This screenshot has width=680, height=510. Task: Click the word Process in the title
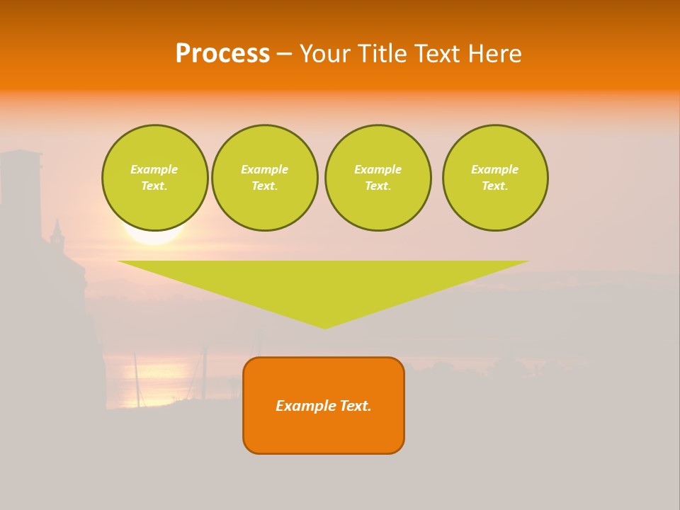222,54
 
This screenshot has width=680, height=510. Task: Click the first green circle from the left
154,178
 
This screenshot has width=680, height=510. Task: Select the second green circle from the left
265,178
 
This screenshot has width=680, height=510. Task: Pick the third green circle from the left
378,178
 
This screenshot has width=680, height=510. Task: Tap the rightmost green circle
495,178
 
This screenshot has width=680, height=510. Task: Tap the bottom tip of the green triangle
325,327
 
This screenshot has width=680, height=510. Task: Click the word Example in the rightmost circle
495,169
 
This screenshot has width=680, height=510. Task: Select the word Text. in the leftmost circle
154,186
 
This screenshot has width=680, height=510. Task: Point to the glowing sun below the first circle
154,237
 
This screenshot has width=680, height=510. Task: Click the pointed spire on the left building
57,228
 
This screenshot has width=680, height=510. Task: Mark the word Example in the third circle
378,169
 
